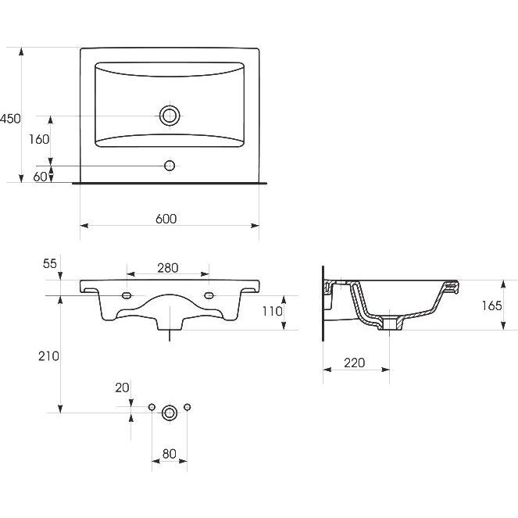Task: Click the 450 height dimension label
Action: (x=10, y=119)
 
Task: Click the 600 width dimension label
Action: (x=166, y=219)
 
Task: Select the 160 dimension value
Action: (x=39, y=139)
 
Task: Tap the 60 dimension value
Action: (x=40, y=177)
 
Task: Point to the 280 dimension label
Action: (x=168, y=268)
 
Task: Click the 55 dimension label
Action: (x=50, y=263)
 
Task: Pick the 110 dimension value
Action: (x=272, y=311)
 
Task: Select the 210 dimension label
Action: (x=48, y=356)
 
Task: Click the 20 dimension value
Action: (x=122, y=388)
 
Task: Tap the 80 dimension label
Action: (x=169, y=454)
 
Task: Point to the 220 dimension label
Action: (x=355, y=363)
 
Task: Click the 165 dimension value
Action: (x=491, y=305)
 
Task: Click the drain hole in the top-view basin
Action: (x=170, y=116)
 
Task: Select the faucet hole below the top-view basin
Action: (x=170, y=166)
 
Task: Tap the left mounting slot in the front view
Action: (x=127, y=295)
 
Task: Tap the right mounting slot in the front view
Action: (x=209, y=295)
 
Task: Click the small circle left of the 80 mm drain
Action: (x=152, y=407)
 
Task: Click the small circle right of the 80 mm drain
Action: (x=187, y=407)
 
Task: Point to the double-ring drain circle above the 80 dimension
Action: (x=170, y=413)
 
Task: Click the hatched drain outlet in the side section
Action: (x=390, y=323)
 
